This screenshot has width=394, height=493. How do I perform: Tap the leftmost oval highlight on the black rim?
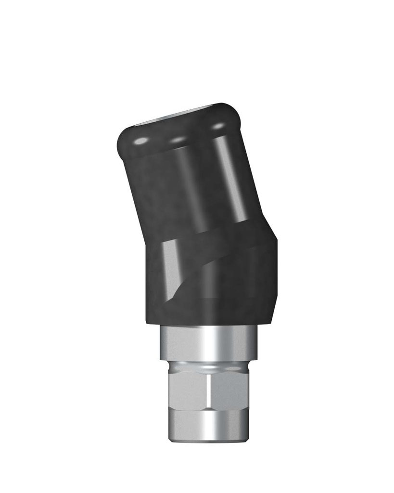point(141,141)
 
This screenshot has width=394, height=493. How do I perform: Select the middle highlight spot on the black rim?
point(178,140)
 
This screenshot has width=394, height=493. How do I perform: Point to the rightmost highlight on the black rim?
point(218,126)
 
